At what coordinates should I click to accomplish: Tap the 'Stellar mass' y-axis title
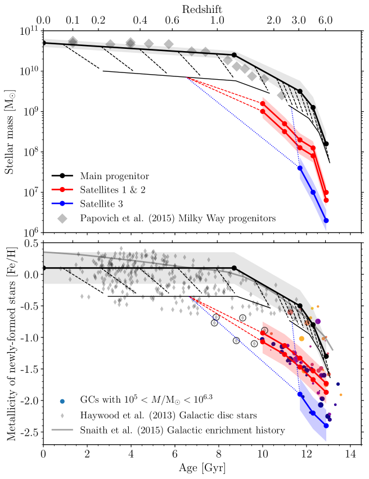[10, 130]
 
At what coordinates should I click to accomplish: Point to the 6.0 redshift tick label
[326, 21]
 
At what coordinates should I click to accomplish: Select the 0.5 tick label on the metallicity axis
[30, 244]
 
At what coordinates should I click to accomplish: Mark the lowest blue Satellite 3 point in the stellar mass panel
[326, 220]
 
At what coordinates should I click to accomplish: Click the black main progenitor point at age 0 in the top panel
[43, 43]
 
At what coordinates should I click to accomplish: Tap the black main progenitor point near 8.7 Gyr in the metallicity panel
[235, 268]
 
